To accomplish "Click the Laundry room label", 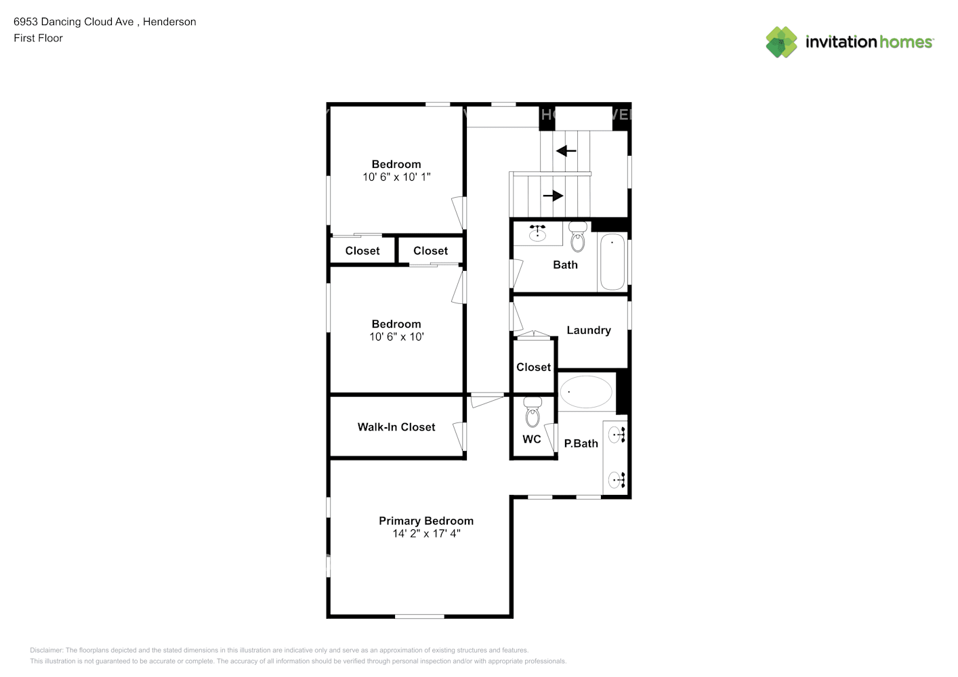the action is (589, 330).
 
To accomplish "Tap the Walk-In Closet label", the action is (396, 427).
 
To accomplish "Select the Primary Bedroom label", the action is (426, 521).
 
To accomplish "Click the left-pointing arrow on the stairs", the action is (566, 151).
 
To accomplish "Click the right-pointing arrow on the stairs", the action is (553, 196).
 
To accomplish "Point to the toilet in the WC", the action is (533, 412).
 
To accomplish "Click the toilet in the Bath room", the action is (577, 237).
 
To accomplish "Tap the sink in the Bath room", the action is (537, 234).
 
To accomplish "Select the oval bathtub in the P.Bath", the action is (586, 391).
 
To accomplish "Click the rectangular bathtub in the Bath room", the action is (612, 262).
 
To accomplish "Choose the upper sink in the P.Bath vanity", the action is (617, 435).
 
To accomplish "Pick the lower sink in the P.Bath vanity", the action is (617, 480).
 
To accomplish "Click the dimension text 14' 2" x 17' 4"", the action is (426, 533).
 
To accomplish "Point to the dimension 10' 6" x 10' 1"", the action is (396, 177).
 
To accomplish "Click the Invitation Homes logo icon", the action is (781, 42).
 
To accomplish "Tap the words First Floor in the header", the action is (38, 38).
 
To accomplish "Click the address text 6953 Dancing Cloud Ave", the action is (74, 22).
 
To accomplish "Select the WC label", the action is (532, 439).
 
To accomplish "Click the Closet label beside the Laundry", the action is (533, 367).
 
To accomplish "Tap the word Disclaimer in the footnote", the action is (46, 650).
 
